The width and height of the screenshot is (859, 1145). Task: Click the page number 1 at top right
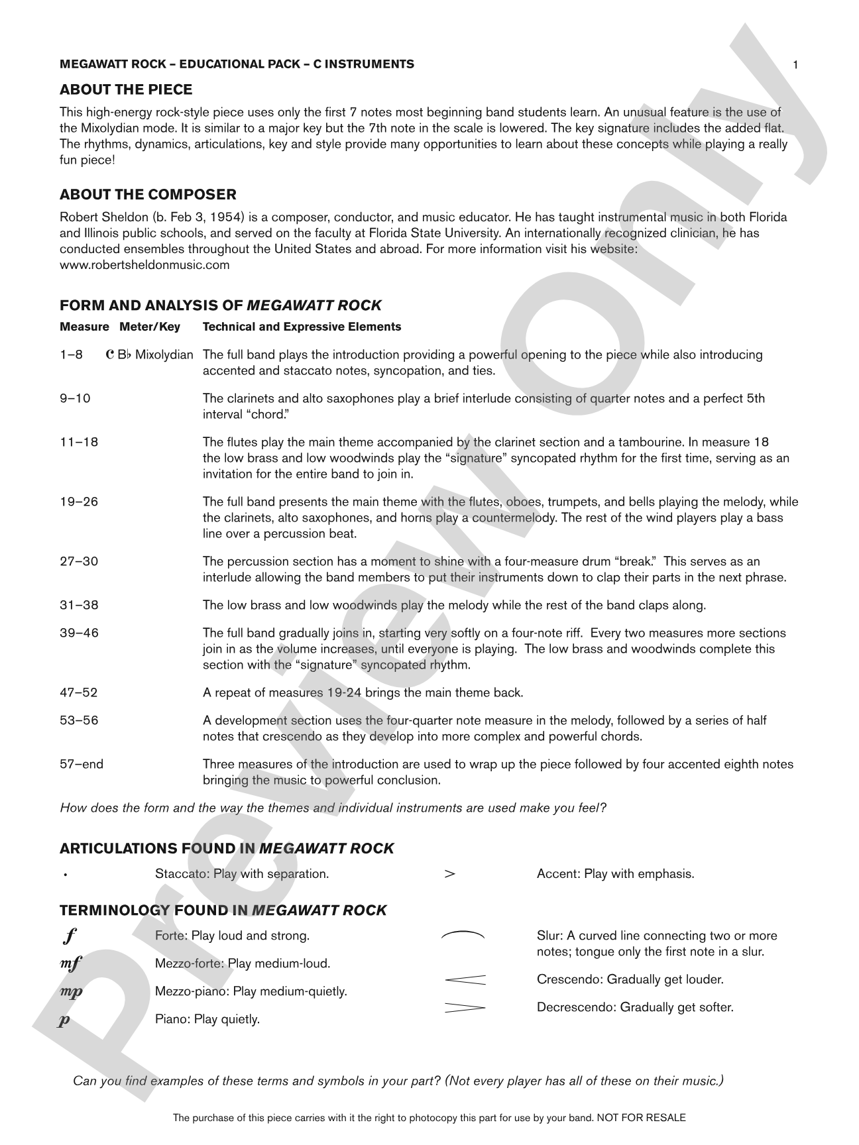pyautogui.click(x=795, y=64)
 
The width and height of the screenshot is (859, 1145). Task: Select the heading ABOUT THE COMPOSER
pyautogui.click(x=148, y=195)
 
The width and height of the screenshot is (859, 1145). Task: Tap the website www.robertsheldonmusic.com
pyautogui.click(x=144, y=265)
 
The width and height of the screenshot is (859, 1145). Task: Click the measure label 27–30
pyautogui.click(x=79, y=562)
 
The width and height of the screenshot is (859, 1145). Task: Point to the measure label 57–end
pyautogui.click(x=82, y=764)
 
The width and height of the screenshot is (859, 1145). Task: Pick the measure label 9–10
pyautogui.click(x=75, y=398)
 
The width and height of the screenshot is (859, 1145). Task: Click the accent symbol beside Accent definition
pyautogui.click(x=449, y=874)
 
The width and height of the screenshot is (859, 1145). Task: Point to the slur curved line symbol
pyautogui.click(x=463, y=935)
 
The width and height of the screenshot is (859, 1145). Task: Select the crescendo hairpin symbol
pyautogui.click(x=464, y=979)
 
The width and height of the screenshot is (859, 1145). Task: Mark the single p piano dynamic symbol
pyautogui.click(x=64, y=1020)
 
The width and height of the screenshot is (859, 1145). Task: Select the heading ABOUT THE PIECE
pyautogui.click(x=126, y=90)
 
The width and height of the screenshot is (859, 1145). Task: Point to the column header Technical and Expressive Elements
pyautogui.click(x=302, y=327)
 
